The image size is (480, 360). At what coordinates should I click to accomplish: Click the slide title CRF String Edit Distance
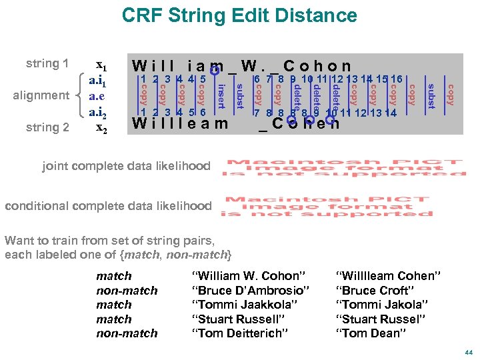[x=239, y=16]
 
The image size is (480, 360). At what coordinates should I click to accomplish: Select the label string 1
[x=47, y=64]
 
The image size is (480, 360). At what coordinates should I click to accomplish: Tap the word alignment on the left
[x=41, y=95]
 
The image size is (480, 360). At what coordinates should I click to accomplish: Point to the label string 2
[x=47, y=127]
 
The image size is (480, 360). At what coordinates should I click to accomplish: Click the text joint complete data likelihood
[x=126, y=166]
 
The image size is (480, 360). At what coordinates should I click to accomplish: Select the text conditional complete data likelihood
[x=108, y=206]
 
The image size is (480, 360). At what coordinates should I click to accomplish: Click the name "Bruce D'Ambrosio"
[x=250, y=291]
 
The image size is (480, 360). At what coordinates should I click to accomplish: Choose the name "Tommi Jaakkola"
[x=244, y=305]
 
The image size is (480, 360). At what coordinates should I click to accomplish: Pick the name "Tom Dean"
[x=369, y=333]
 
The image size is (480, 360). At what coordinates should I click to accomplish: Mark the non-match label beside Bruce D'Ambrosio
[x=127, y=291]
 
